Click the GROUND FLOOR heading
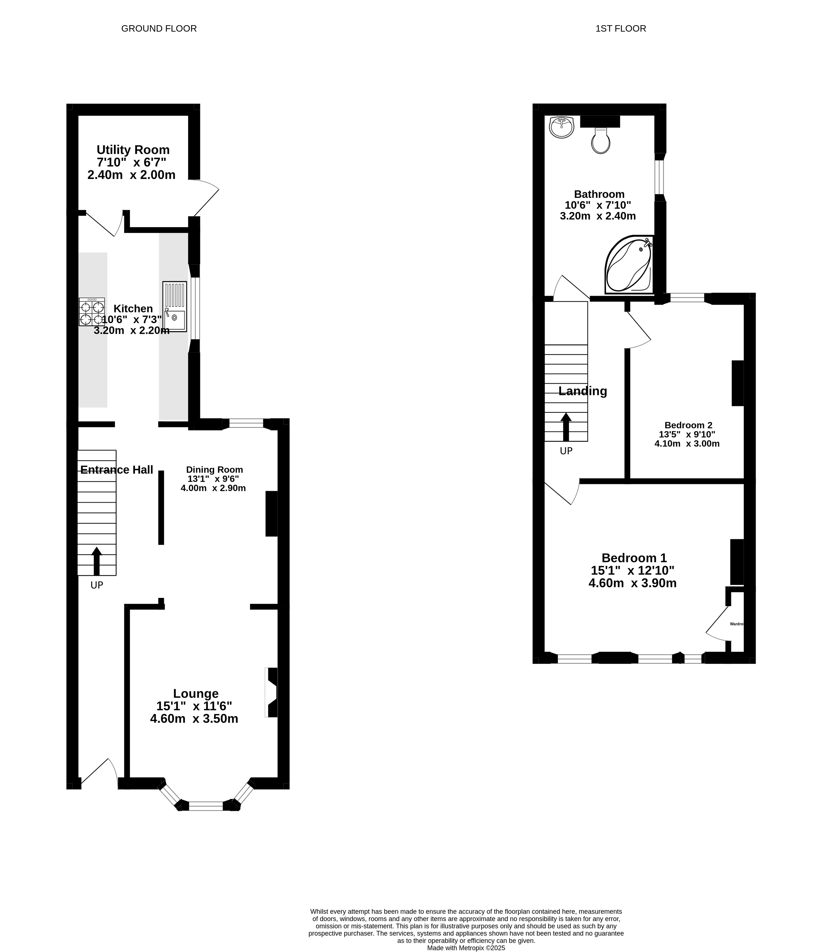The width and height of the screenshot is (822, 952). point(159,29)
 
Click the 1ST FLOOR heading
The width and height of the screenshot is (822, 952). point(620,29)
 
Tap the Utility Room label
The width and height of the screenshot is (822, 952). point(133,150)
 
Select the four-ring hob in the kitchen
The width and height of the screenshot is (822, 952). point(92,312)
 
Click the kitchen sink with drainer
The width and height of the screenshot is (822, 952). point(174,307)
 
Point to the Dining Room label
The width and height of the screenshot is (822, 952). point(214,470)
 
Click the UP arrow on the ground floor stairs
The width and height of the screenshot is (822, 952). point(96,561)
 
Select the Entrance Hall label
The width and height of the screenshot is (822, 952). point(117,470)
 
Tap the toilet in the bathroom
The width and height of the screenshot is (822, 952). point(601,140)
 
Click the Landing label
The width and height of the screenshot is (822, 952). point(583,391)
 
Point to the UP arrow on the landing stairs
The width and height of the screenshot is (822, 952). point(566,427)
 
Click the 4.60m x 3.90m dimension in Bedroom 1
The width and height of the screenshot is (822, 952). point(632,583)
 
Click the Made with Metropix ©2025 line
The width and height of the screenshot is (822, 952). point(466,948)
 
